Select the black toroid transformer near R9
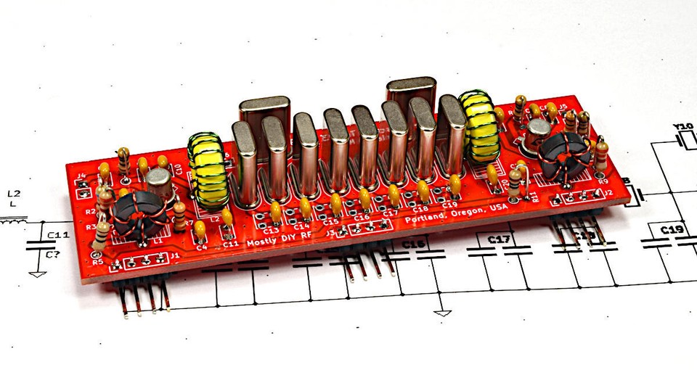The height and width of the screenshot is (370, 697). coord(562,155)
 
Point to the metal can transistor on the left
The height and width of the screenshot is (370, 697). coord(158,186)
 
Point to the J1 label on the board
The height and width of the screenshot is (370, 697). coord(174,255)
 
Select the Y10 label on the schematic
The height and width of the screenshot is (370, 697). coord(683,127)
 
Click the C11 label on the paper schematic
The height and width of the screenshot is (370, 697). coord(58,235)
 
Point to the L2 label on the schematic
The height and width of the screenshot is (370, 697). coord(13,194)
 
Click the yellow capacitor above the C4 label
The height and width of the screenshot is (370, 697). coord(200,230)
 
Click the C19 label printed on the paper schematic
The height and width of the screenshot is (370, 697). coord(671,230)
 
